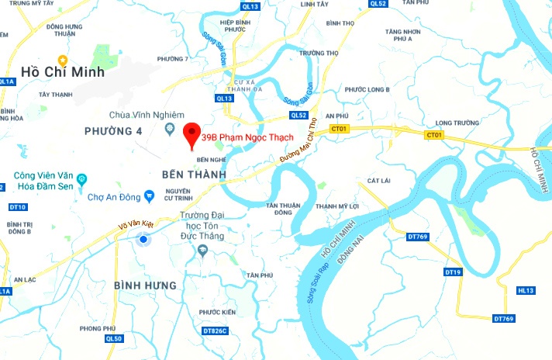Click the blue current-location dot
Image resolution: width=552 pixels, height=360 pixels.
point(143,240)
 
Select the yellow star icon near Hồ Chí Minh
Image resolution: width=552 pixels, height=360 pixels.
point(64,59)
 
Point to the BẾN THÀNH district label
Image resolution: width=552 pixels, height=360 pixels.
point(195,175)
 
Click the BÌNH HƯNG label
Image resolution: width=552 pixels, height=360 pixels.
point(145,286)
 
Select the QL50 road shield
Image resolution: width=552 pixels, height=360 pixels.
point(114,338)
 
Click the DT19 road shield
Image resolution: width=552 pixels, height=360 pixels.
point(453,272)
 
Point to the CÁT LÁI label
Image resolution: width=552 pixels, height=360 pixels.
point(378,181)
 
